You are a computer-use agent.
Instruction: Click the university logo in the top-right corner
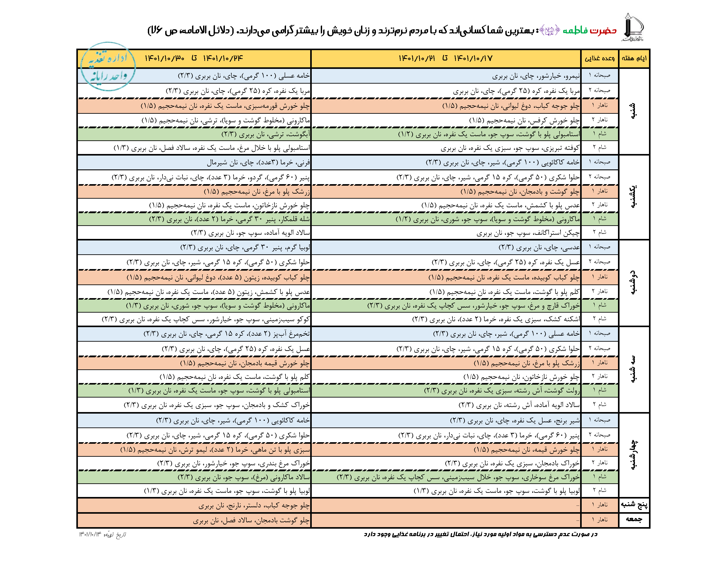632,27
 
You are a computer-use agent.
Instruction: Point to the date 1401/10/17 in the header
473,59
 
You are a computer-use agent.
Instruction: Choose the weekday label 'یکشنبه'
634,197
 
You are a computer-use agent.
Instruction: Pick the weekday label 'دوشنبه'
634,282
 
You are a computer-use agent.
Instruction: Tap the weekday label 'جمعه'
634,519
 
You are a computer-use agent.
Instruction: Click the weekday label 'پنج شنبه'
634,504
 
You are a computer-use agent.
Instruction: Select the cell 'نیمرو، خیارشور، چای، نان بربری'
536,76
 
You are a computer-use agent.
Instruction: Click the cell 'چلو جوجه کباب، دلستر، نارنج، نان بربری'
254,506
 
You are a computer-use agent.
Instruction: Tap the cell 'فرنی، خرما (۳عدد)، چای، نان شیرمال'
258,163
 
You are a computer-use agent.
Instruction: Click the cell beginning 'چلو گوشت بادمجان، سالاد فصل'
251,520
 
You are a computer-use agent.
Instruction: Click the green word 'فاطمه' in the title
575,31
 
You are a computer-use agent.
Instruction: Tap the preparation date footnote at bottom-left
102,534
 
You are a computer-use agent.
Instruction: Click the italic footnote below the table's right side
480,534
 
